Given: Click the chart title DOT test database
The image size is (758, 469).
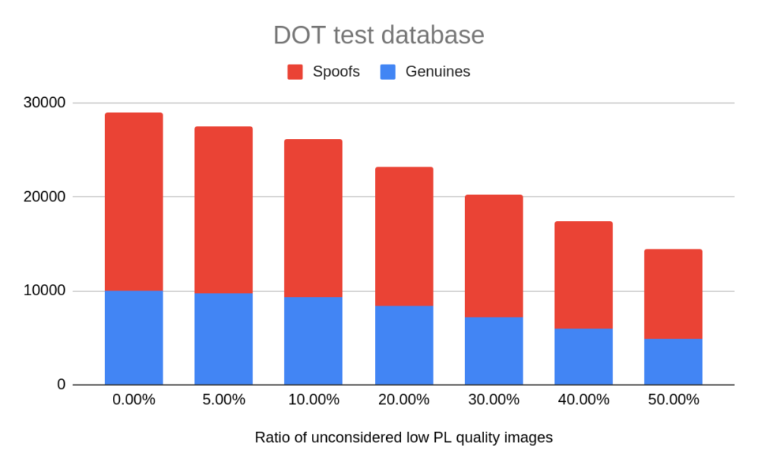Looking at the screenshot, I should [378, 35].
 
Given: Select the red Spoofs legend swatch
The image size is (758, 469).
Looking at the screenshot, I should [295, 72].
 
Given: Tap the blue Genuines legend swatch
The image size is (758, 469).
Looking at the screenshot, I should [388, 72].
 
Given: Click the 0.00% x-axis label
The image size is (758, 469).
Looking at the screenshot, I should [133, 400].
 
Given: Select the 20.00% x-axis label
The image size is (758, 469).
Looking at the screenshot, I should [403, 400].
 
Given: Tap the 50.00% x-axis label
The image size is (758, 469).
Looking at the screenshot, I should [673, 400].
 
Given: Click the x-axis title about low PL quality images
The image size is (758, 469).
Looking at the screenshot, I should [403, 437].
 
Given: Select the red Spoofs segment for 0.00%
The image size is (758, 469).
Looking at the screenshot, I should [133, 201].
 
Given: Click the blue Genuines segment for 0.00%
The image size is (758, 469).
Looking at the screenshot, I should [133, 337].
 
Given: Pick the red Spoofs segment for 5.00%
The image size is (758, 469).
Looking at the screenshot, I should [223, 209].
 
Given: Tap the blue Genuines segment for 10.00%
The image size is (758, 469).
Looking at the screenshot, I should [313, 340].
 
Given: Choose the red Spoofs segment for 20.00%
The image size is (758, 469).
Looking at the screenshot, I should [403, 236].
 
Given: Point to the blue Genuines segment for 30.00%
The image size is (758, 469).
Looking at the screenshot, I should [493, 351].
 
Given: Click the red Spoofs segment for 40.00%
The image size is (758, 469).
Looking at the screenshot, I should [584, 275].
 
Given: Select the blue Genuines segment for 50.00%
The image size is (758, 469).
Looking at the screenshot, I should [673, 362].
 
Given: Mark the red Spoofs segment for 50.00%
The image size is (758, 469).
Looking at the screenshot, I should [673, 294].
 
